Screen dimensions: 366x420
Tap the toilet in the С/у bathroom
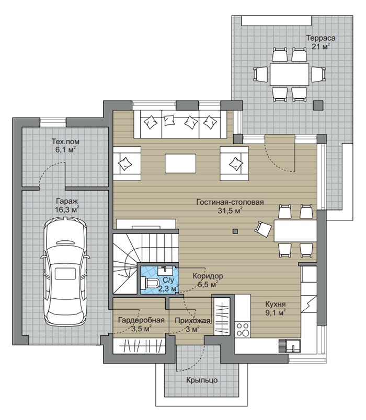click(x=150, y=283)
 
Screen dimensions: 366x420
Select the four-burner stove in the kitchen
click(x=243, y=330)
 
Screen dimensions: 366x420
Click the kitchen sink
click(x=293, y=346)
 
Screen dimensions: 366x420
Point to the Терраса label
click(x=321, y=38)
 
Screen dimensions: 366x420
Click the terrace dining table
click(x=289, y=74)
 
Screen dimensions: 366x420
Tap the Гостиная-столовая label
click(x=230, y=202)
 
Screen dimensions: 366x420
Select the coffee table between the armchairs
click(x=180, y=164)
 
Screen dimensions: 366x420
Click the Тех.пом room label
click(x=65, y=142)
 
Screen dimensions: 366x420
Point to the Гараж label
click(x=67, y=201)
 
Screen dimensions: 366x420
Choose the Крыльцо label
click(x=202, y=380)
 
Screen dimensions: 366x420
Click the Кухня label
click(x=276, y=304)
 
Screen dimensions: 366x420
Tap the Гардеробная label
click(x=141, y=320)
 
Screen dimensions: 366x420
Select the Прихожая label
click(x=192, y=321)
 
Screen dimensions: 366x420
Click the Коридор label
click(x=208, y=276)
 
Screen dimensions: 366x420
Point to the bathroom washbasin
click(x=166, y=271)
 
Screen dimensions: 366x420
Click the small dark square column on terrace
click(x=318, y=106)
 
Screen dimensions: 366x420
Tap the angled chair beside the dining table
click(x=264, y=229)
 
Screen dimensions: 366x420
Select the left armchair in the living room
click(x=127, y=164)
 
